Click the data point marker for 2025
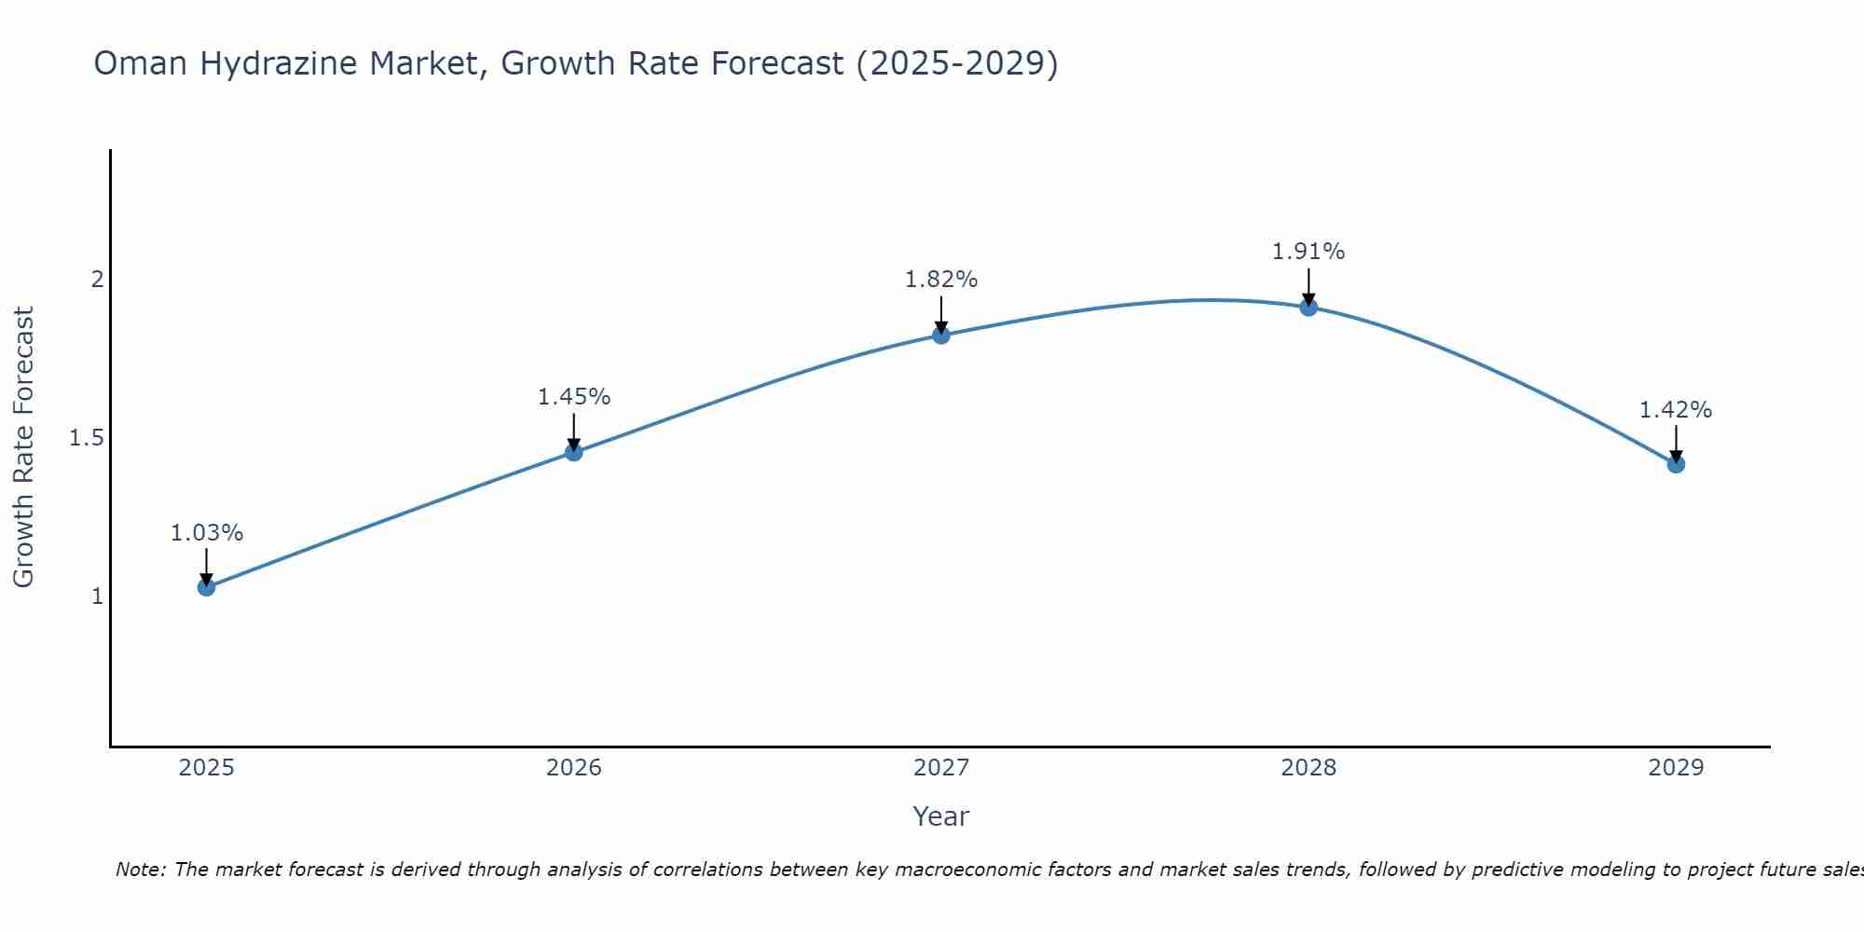[206, 587]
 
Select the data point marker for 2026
[573, 452]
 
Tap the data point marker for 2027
[941, 336]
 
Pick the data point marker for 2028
[1309, 307]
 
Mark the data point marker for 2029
[1676, 464]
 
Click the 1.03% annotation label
[206, 533]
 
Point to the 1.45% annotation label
[573, 397]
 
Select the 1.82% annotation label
[941, 280]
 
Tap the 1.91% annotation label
[1309, 252]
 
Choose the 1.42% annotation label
[1676, 410]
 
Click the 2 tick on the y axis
[97, 280]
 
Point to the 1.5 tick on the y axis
[87, 438]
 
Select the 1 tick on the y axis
[97, 596]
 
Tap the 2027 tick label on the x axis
[941, 768]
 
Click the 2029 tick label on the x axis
[1676, 768]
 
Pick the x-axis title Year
[941, 816]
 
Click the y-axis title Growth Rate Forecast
[23, 447]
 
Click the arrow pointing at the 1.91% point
[1309, 287]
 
